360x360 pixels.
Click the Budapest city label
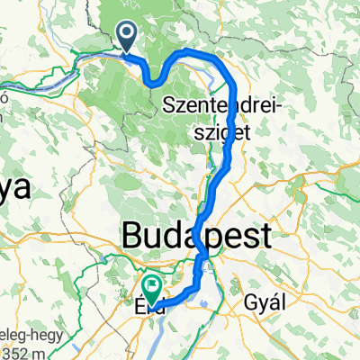point(194,238)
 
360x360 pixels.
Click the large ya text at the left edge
point(15,189)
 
